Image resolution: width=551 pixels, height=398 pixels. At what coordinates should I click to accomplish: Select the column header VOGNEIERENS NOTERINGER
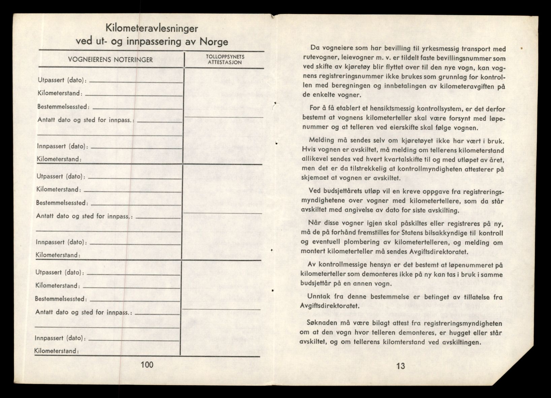pos(110,60)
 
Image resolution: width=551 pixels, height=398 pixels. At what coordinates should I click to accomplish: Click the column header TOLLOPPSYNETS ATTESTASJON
pos(226,59)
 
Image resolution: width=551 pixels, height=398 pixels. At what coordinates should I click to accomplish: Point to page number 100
pos(147,365)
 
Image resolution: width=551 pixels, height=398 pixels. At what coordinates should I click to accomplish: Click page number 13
pos(400,366)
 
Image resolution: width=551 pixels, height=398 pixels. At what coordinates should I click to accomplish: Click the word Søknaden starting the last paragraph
pos(322,324)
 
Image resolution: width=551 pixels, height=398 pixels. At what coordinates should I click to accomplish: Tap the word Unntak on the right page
pos(319,297)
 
